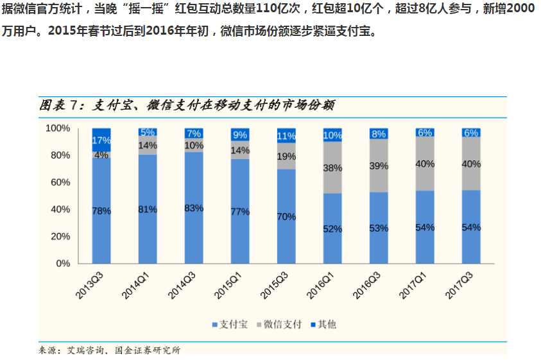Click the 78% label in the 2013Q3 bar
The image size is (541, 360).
101,210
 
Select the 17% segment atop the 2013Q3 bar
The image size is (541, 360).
101,140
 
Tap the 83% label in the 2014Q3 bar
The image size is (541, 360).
193,208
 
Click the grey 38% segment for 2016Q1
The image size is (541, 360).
332,167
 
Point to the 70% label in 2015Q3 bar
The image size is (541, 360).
286,217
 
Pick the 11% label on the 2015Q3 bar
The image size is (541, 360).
286,136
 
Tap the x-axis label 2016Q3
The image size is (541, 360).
375,283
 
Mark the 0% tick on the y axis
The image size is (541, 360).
62,263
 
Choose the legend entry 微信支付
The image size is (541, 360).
283,324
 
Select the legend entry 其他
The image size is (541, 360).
327,324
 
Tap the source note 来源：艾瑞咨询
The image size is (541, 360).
109,350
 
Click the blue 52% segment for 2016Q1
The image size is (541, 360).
332,228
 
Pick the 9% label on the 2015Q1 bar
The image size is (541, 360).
240,135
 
